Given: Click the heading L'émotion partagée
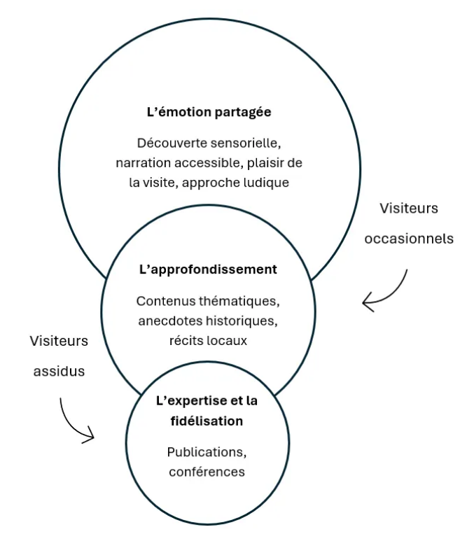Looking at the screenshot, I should [208, 111].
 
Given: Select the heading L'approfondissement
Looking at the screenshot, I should [208, 269].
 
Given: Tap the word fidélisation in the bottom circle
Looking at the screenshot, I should [207, 421].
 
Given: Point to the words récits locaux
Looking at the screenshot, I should [208, 341].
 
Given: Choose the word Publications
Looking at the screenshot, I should [207, 451].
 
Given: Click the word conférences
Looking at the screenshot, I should [207, 471].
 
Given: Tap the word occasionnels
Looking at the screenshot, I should [409, 239].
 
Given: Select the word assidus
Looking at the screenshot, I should [60, 372].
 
